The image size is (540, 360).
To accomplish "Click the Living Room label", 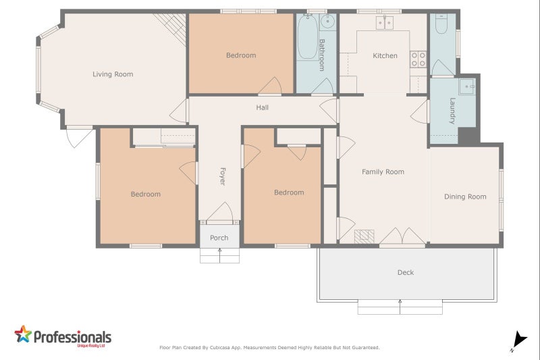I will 113,74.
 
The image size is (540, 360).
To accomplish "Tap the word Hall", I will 262,107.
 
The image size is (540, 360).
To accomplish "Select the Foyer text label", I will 221,177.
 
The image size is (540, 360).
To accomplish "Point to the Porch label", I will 219,238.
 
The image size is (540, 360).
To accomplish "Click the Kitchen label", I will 385,55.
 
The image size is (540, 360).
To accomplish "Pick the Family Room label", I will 383,172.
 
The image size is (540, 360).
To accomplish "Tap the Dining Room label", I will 465,197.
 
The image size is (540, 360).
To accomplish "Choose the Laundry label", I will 452,111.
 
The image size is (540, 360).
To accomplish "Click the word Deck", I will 405,272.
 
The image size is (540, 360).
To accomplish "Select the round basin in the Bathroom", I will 327,23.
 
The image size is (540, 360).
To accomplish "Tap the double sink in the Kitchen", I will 385,24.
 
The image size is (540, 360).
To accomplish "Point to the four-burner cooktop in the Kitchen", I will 418,59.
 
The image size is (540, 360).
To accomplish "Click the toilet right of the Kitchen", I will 441,25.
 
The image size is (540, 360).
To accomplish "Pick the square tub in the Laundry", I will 466,86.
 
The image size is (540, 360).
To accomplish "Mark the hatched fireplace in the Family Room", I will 364,236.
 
